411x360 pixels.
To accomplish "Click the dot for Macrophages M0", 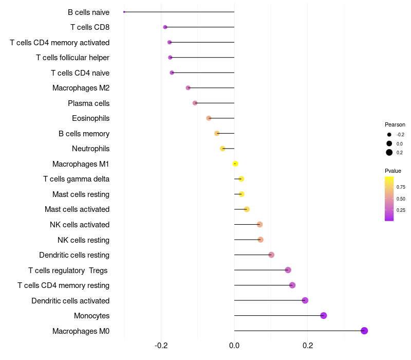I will click(364, 331).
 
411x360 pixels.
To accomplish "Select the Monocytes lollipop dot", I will click(324, 316).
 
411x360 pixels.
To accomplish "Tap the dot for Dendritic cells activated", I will click(305, 300).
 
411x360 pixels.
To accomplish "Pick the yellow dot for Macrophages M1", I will click(235, 164).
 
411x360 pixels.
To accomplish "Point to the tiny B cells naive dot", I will click(124, 12).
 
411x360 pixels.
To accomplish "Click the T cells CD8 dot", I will click(165, 27).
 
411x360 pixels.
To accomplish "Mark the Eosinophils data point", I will click(209, 118).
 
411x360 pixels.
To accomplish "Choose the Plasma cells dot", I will click(195, 103).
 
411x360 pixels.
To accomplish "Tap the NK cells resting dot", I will click(260, 240).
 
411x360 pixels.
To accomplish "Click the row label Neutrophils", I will click(90, 149).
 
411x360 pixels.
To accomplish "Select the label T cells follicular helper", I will click(72, 58).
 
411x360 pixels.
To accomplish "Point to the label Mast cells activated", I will click(77, 209).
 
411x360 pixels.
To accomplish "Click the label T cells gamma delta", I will click(76, 179).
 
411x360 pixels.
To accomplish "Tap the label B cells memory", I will click(84, 134).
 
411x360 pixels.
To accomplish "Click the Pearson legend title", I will click(395, 124).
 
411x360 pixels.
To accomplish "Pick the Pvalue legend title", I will click(393, 171).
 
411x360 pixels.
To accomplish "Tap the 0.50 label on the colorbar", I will click(401, 199).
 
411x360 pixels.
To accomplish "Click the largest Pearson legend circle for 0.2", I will click(389, 152).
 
